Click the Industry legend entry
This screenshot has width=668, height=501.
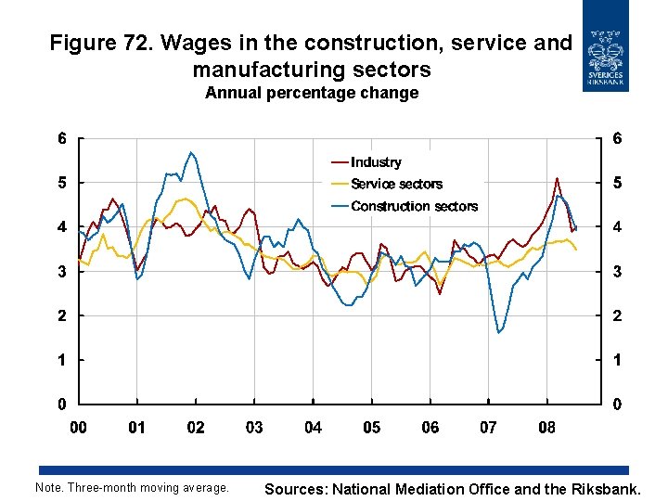(x=376, y=162)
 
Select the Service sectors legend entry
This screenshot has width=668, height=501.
(x=396, y=185)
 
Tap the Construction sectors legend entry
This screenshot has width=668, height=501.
(x=414, y=206)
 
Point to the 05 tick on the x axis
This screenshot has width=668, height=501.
(x=371, y=428)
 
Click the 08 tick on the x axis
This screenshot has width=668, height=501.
(x=546, y=428)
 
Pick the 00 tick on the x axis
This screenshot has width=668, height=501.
(x=79, y=428)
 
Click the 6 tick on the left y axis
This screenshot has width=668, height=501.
(x=61, y=139)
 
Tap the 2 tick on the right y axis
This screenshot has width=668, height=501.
(x=617, y=316)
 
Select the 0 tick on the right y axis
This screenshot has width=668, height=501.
(x=617, y=405)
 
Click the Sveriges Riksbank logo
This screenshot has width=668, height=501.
(x=606, y=46)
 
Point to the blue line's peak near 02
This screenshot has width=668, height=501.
(x=190, y=152)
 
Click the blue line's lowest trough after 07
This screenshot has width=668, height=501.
(x=498, y=332)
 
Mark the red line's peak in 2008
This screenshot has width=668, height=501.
(x=557, y=178)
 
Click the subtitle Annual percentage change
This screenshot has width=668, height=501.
(x=312, y=93)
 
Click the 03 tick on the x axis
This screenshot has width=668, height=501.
(x=254, y=428)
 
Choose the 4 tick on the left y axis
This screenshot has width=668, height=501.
(x=61, y=227)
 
